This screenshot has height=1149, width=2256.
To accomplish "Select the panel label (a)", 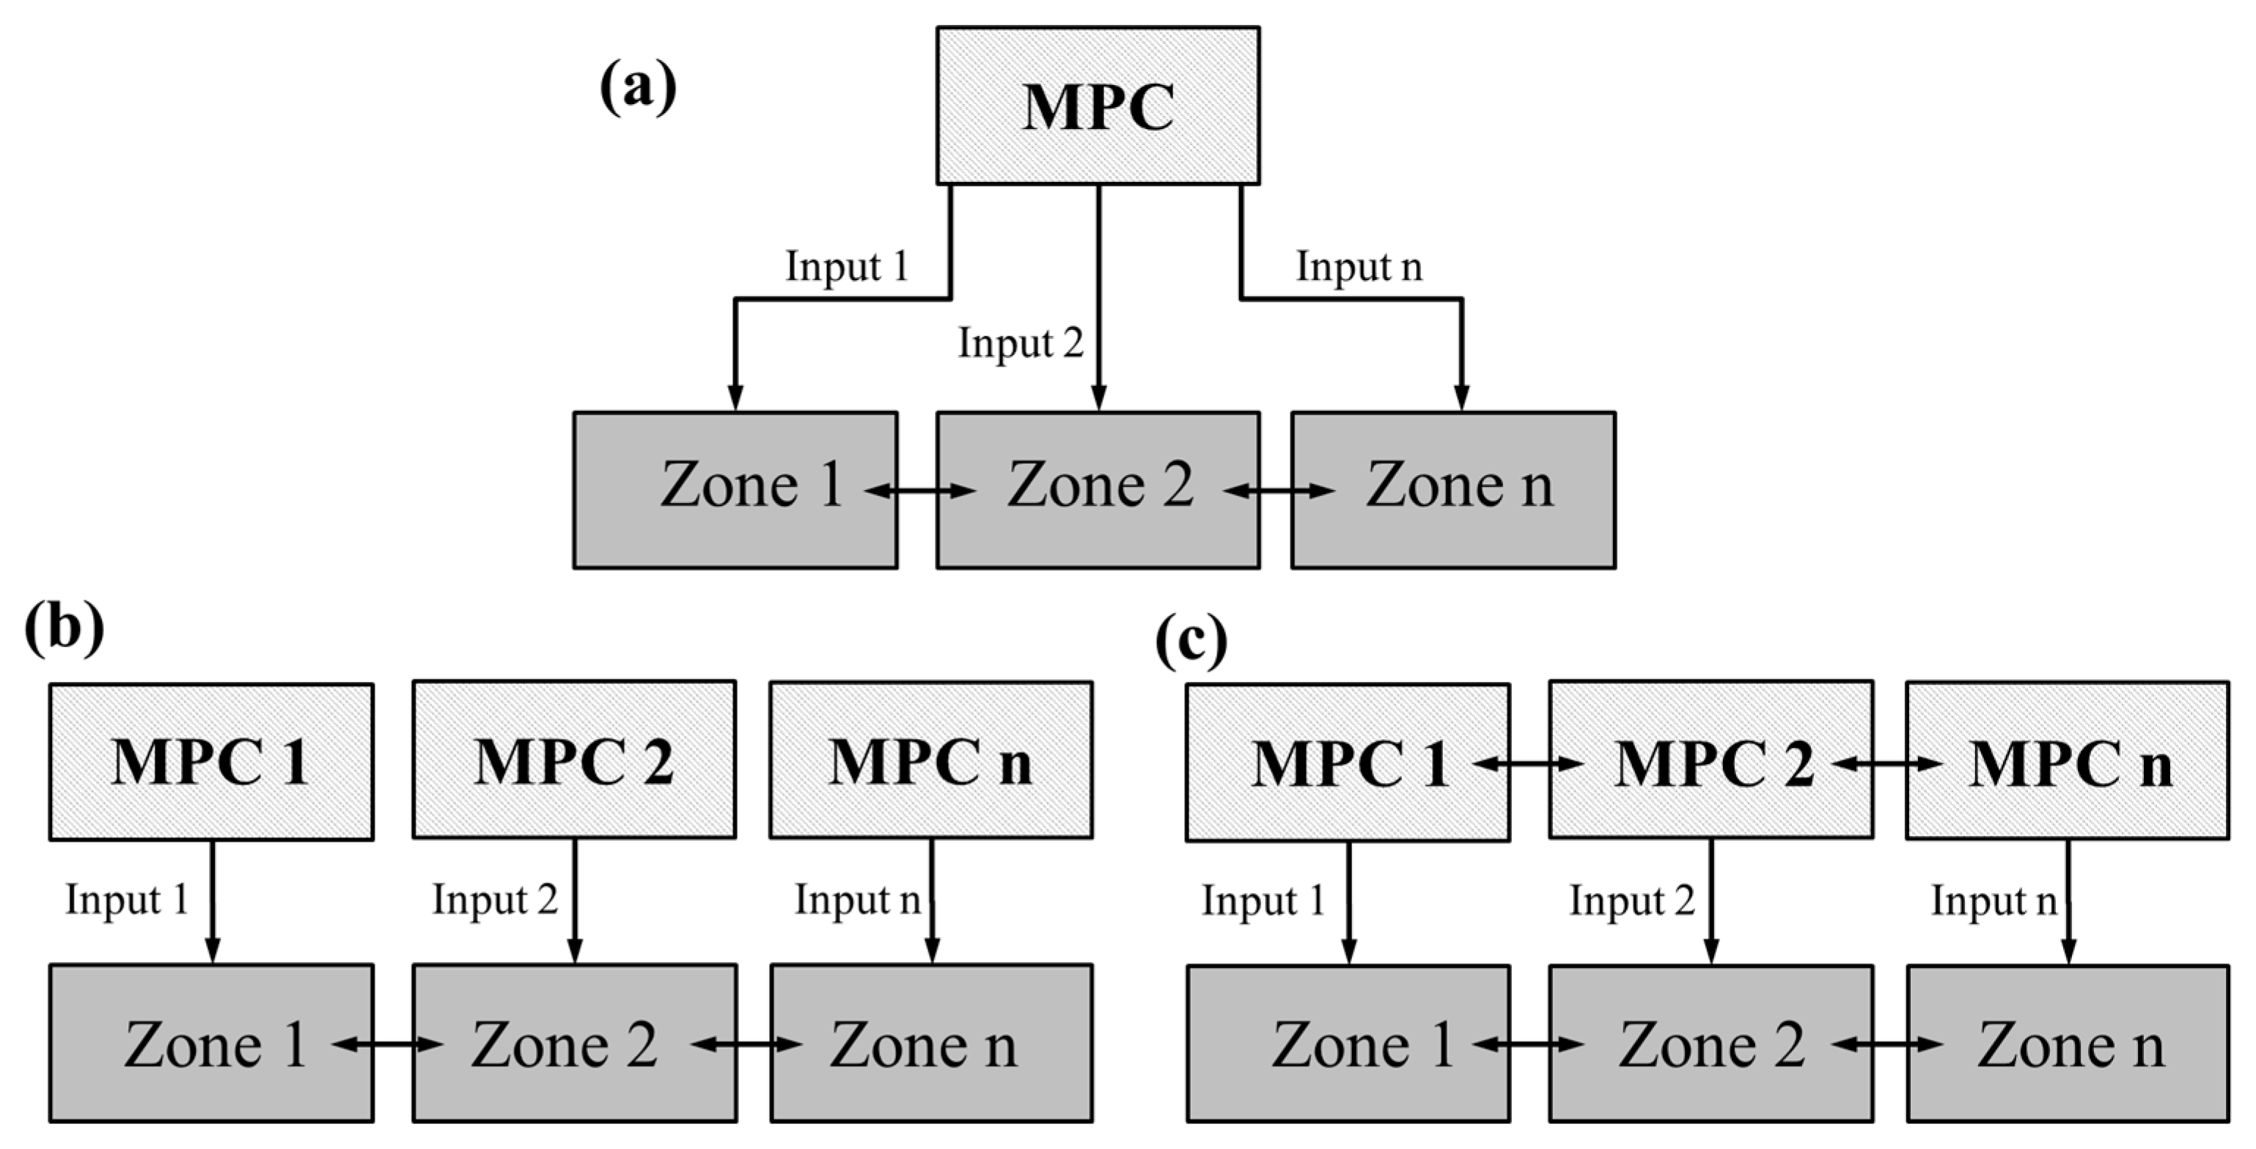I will click(x=638, y=87).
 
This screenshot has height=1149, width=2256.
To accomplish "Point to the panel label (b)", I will click(x=64, y=628).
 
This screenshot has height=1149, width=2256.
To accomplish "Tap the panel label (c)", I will click(x=1191, y=642).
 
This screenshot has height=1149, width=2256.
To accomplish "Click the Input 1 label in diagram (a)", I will click(x=846, y=266).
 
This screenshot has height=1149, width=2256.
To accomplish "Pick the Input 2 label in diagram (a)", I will click(x=1021, y=342).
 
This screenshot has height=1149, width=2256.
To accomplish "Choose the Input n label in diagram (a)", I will click(x=1359, y=266).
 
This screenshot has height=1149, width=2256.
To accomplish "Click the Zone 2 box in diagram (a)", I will click(x=1098, y=490).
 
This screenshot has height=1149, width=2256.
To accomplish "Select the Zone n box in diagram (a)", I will click(x=1453, y=490).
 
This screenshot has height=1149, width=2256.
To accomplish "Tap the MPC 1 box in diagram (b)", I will click(x=211, y=761).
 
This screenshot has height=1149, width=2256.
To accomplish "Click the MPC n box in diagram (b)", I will click(x=931, y=761).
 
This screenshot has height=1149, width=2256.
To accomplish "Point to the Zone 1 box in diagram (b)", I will click(x=211, y=1043).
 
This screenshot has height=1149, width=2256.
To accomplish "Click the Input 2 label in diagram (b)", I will click(x=495, y=900).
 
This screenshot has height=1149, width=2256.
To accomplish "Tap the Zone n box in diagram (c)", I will click(x=2068, y=1043).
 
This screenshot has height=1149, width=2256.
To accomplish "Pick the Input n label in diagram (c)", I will click(x=1994, y=900).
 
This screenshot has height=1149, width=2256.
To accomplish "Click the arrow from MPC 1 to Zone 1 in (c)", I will click(x=1349, y=902).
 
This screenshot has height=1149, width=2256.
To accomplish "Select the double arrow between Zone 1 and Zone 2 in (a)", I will click(x=919, y=491).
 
